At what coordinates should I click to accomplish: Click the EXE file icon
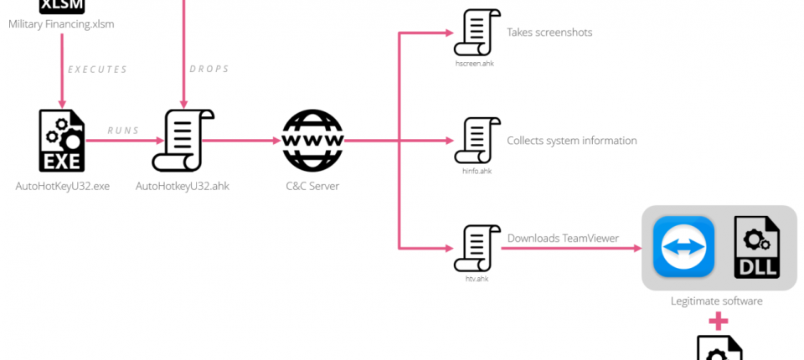(x=62, y=141)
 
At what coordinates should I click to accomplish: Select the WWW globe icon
(x=312, y=141)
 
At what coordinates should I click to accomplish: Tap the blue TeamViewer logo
(x=683, y=246)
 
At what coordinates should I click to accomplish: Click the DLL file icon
(x=757, y=246)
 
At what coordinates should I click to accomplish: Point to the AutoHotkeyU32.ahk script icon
(x=182, y=141)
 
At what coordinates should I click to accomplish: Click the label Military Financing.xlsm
(x=61, y=24)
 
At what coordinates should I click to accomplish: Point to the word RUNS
(x=123, y=131)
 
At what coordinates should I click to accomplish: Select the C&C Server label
(x=312, y=186)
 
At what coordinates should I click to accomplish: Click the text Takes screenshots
(x=549, y=33)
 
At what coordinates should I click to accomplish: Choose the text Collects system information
(x=572, y=141)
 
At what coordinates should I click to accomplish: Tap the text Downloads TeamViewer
(x=563, y=239)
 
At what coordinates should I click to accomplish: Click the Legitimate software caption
(x=717, y=301)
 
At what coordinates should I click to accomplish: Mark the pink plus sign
(x=718, y=321)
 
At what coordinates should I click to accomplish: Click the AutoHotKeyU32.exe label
(x=63, y=186)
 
